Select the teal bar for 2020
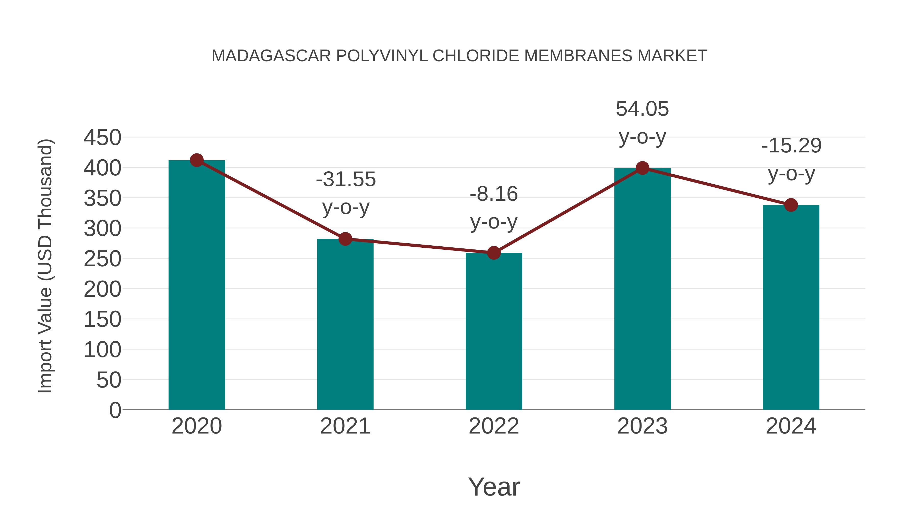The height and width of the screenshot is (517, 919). pyautogui.click(x=197, y=285)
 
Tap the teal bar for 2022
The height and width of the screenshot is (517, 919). pyautogui.click(x=494, y=332)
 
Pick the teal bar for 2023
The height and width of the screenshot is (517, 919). pyautogui.click(x=642, y=289)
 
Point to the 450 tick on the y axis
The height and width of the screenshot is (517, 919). pyautogui.click(x=102, y=138)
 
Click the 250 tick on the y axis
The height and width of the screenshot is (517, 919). pyautogui.click(x=102, y=259)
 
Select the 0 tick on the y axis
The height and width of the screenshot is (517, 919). pyautogui.click(x=115, y=410)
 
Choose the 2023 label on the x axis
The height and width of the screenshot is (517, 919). pyautogui.click(x=642, y=426)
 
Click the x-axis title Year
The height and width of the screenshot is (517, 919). pyautogui.click(x=494, y=487)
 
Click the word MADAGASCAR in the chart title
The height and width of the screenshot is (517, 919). pyautogui.click(x=271, y=56)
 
